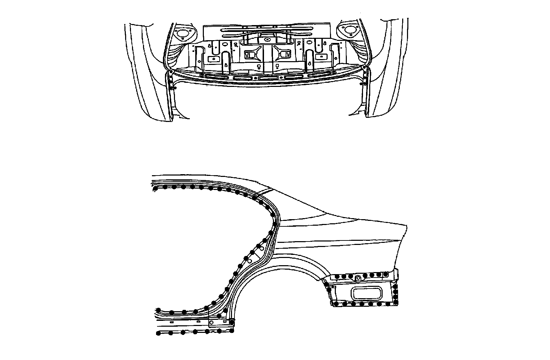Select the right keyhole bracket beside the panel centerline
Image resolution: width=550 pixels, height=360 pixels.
coord(284,54)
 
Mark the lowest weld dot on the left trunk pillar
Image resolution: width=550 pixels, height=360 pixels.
coord(175,88)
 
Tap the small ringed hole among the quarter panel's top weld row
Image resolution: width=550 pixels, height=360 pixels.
coord(357,277)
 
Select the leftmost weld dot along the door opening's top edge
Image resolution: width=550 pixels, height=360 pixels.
coord(155,188)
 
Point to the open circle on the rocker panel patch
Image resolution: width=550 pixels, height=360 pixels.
coord(211,323)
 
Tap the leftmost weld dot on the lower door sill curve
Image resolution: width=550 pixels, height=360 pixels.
coord(158,310)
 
